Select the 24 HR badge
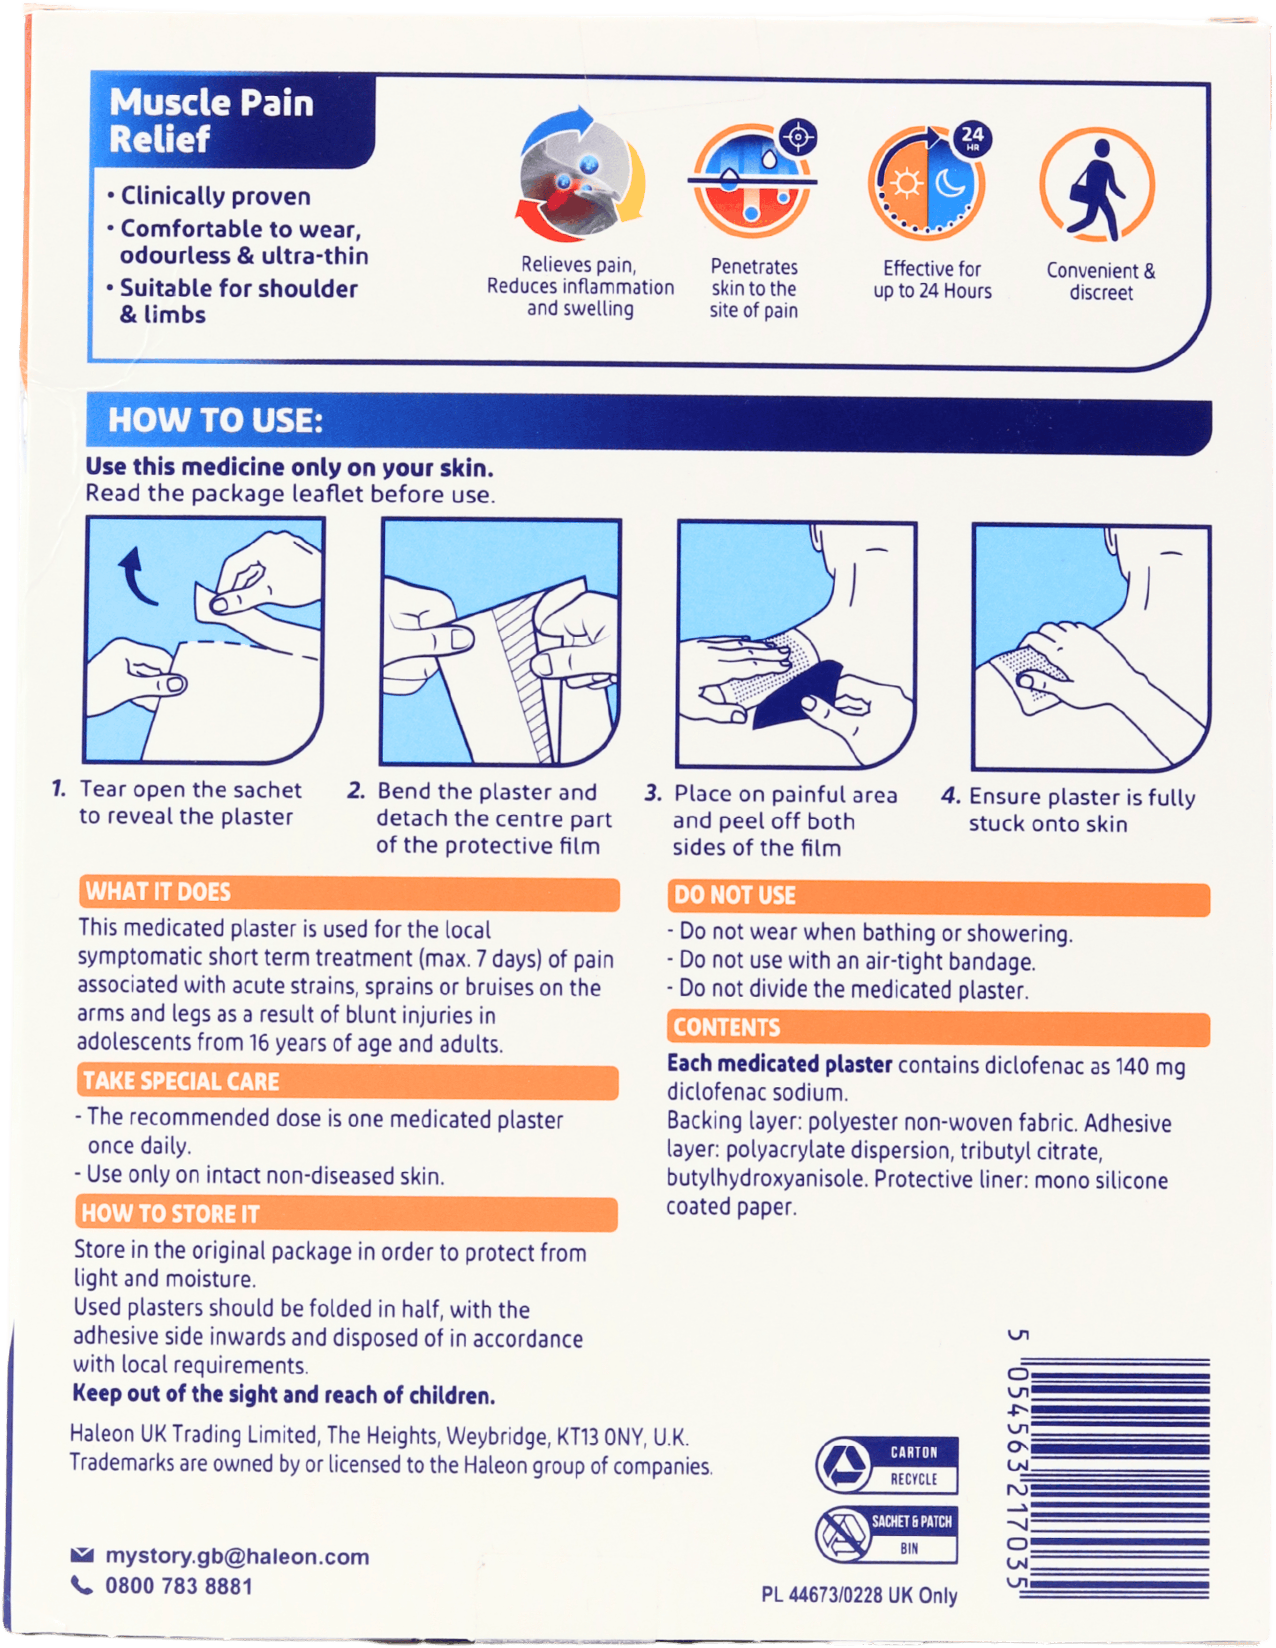pos(972,139)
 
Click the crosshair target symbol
pos(798,137)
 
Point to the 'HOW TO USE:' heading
pos(215,420)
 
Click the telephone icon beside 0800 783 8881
pos(82,1585)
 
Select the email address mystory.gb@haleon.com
pos(237,1557)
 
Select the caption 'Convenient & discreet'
pos(1100,281)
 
